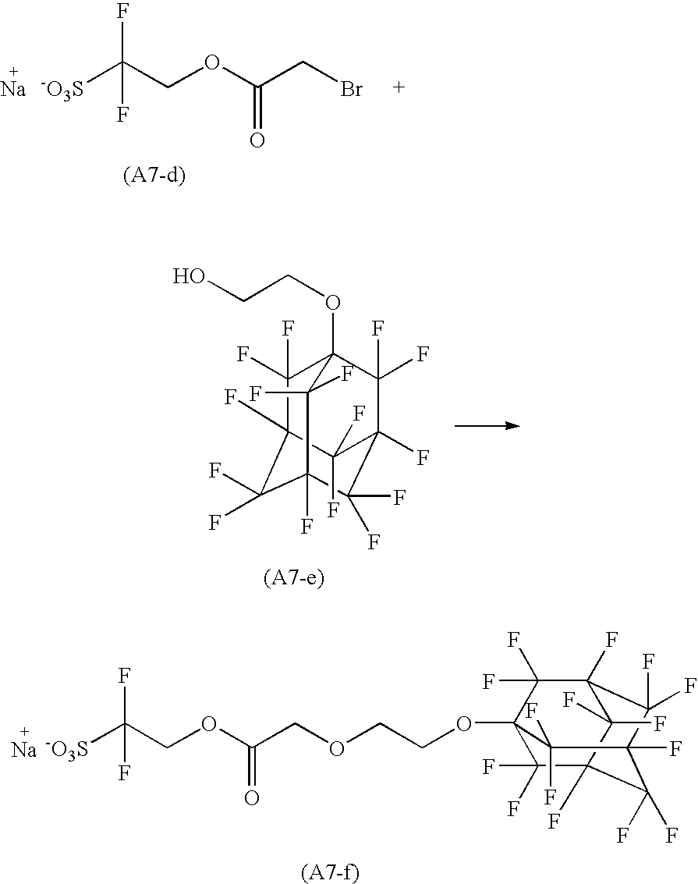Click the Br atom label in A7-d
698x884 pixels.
(x=351, y=90)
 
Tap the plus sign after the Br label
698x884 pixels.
(x=399, y=87)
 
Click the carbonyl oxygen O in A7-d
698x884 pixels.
(x=257, y=141)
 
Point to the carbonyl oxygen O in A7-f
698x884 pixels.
(x=251, y=798)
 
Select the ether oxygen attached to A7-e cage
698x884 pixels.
(x=333, y=302)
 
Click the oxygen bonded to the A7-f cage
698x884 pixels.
(x=463, y=725)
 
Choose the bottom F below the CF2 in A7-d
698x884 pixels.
(x=122, y=115)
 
